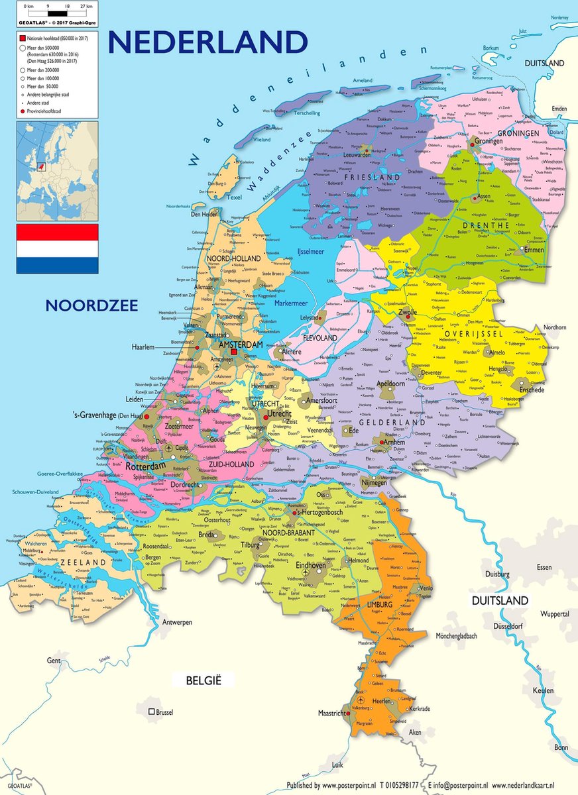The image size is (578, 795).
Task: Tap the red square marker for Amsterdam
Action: point(233,352)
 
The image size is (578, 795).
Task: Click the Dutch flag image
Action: point(57,248)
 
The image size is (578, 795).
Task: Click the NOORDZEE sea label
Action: point(91,305)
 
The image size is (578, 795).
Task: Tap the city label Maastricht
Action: point(333,714)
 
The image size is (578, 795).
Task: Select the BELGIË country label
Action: point(203,680)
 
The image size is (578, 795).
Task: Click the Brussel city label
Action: point(164,712)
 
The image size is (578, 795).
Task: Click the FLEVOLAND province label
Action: point(320,337)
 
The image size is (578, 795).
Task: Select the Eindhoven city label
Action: point(311,566)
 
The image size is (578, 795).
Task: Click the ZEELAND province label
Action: point(84,562)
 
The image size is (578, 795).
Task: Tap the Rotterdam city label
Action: point(143,466)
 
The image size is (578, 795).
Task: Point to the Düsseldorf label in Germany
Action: point(511,626)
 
